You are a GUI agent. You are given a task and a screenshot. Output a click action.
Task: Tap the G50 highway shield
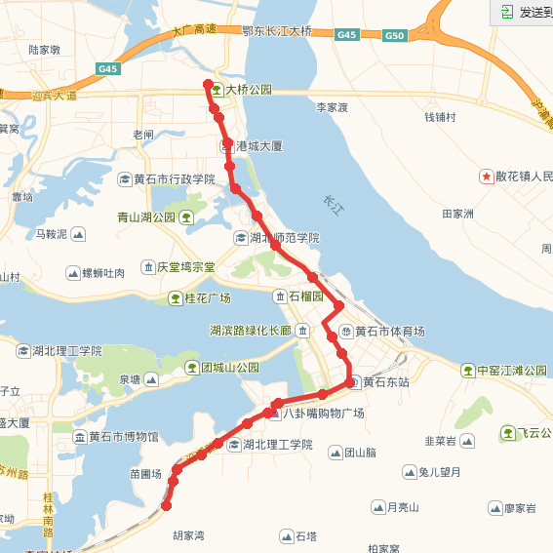(x=394, y=36)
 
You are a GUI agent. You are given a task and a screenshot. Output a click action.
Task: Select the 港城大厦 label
(x=258, y=145)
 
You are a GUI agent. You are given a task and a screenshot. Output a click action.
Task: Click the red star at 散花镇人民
(x=485, y=177)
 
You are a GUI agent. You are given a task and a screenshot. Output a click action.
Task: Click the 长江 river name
(x=334, y=204)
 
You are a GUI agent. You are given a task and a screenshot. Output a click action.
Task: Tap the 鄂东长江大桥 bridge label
(x=277, y=31)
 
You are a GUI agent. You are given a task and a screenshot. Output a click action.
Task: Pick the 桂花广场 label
(x=207, y=297)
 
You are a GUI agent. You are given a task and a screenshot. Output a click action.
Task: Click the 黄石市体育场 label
(x=389, y=331)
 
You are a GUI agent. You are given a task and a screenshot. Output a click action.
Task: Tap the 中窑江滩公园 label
(x=512, y=371)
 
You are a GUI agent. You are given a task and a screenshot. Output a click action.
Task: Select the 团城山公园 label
(x=230, y=368)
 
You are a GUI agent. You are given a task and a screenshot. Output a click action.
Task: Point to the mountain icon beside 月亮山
(x=377, y=507)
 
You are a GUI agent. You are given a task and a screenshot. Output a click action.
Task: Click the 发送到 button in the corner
(x=526, y=12)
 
